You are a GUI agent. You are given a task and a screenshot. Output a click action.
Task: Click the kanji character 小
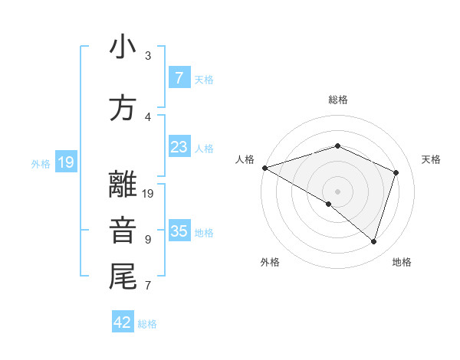tap(123, 47)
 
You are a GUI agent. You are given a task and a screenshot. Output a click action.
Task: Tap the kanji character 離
tap(123, 185)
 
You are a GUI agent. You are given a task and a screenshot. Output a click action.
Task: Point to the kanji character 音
tap(123, 231)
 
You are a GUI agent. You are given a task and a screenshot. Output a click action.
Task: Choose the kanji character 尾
tap(123, 277)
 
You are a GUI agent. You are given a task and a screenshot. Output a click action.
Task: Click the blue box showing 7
tap(179, 77)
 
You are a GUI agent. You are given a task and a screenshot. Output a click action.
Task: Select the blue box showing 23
tap(179, 147)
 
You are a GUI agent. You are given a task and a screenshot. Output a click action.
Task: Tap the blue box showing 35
tap(179, 231)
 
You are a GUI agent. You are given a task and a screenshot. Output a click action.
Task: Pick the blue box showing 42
tap(123, 322)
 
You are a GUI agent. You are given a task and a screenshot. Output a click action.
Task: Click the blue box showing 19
tap(65, 162)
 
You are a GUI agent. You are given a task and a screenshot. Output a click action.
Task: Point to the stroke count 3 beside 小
tap(148, 56)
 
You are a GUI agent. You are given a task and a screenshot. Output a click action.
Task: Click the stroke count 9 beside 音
tap(147, 240)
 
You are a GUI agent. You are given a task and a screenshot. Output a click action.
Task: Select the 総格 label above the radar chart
tap(337, 100)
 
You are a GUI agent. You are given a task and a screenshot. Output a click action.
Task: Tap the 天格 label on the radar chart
tap(432, 159)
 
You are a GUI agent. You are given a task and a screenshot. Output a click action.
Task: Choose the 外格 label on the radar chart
tap(270, 262)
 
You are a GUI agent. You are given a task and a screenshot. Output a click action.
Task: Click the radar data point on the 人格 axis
tap(264, 167)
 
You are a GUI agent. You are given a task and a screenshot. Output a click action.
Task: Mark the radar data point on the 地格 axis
tap(374, 241)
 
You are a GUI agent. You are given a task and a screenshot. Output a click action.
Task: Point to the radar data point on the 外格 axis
tap(329, 204)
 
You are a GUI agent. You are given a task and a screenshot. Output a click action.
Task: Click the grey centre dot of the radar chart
tap(337, 191)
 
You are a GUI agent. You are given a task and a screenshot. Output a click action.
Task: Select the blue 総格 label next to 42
tap(147, 324)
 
